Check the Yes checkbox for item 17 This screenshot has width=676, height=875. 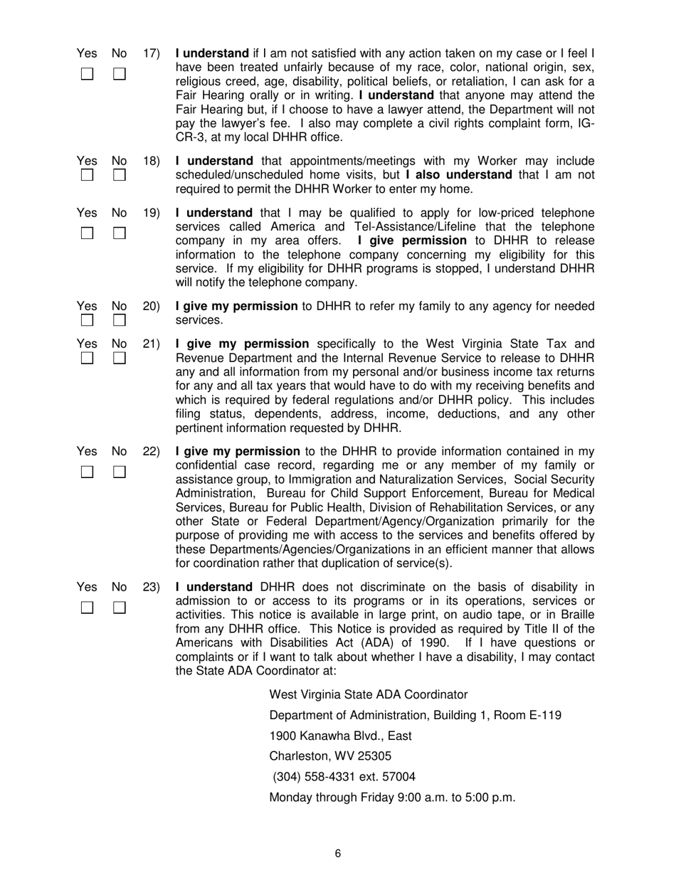point(86,74)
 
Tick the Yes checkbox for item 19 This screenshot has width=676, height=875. point(86,233)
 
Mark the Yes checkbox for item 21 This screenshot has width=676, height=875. point(86,359)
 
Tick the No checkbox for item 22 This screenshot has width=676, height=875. point(120,472)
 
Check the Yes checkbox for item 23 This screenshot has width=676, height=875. point(86,608)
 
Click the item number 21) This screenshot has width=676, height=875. point(152,344)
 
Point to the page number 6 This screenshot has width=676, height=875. point(337,854)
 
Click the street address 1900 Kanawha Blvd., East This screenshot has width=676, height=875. point(340,736)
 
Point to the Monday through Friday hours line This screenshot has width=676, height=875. point(392,797)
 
